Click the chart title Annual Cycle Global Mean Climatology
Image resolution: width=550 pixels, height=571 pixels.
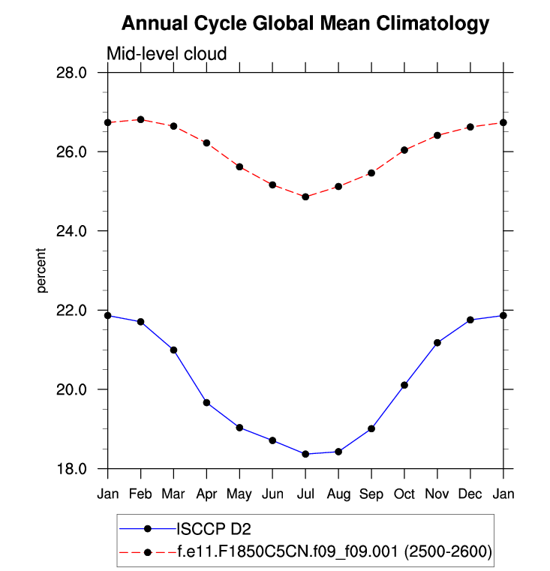(x=305, y=24)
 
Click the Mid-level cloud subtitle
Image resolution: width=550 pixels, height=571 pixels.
(x=167, y=53)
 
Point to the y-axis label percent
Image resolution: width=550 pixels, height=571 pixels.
(x=43, y=270)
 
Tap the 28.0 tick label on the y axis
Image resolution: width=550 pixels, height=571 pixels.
(x=73, y=73)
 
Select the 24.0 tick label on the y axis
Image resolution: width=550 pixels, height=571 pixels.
(x=73, y=231)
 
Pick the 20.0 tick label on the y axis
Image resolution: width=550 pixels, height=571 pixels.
(x=73, y=389)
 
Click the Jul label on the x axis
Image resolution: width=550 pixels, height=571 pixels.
(x=305, y=494)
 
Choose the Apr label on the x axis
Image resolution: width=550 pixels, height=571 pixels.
(x=206, y=494)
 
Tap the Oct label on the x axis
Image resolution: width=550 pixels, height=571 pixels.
(x=404, y=494)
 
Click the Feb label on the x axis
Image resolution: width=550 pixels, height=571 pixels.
(x=141, y=494)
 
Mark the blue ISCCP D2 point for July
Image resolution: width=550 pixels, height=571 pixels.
(x=305, y=454)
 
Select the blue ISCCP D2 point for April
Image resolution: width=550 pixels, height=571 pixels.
(x=206, y=403)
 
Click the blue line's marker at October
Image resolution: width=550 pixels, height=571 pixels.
(x=404, y=385)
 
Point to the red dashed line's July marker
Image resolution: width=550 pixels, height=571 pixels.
(x=305, y=197)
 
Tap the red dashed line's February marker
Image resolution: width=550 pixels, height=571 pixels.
(x=141, y=119)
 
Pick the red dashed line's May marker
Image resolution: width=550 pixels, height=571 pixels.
(x=239, y=167)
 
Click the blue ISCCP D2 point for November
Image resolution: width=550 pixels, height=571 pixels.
(x=437, y=343)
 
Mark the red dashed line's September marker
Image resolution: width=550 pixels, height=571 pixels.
(x=371, y=173)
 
